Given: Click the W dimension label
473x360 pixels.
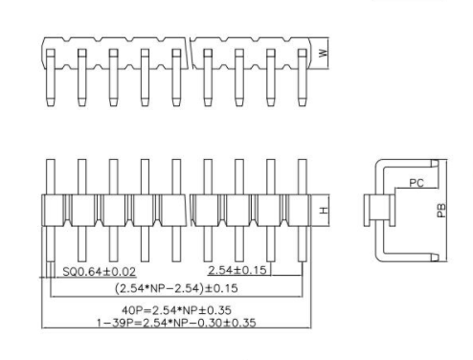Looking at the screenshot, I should (323, 54).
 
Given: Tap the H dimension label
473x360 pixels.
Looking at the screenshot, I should (323, 210).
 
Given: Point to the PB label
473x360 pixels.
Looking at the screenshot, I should (441, 210).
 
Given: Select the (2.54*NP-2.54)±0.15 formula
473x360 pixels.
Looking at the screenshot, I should (177, 287).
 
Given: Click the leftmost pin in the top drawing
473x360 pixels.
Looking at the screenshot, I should (52, 81).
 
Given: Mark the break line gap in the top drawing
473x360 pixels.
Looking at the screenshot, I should (191, 53).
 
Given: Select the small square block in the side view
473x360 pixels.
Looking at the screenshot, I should (372, 209).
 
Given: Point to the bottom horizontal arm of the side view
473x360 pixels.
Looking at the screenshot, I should (407, 257).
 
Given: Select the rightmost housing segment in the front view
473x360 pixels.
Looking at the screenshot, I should (300, 209).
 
